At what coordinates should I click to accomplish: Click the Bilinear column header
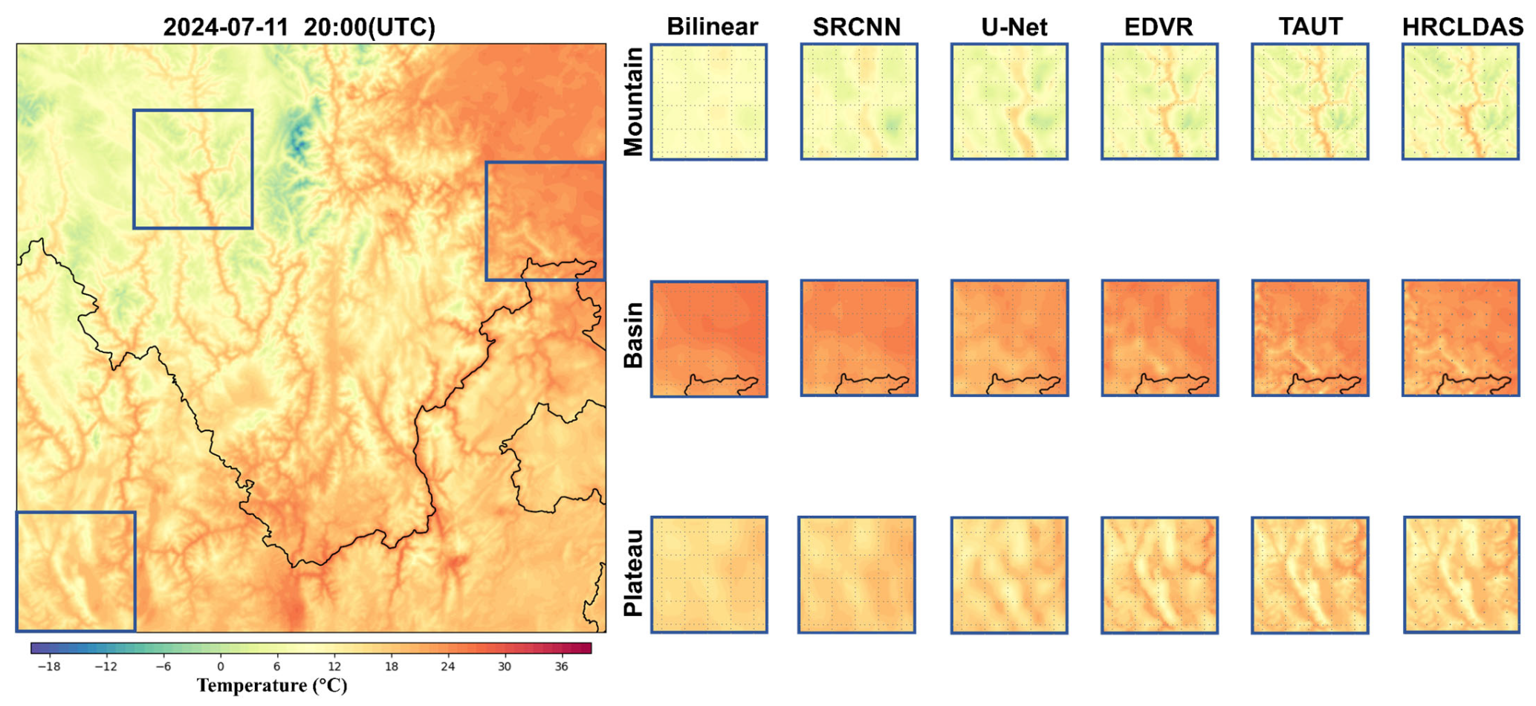[712, 27]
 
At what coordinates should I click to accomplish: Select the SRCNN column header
[856, 27]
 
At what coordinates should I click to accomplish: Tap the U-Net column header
[1014, 27]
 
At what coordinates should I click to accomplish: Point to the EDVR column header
[1158, 27]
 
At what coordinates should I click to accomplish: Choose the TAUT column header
[1310, 26]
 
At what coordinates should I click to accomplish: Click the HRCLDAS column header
[1462, 27]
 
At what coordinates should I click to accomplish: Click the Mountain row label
[633, 102]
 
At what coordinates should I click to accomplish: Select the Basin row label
[633, 335]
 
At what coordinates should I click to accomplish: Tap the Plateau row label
[633, 573]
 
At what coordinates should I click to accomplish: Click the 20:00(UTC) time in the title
[369, 27]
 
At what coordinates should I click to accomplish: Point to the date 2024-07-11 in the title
[225, 27]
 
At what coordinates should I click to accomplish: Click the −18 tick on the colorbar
[49, 667]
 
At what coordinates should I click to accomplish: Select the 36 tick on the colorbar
[561, 667]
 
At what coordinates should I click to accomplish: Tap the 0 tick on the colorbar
[220, 667]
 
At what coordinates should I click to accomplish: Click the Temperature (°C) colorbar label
[272, 685]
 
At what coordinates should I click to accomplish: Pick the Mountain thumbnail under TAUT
[1309, 102]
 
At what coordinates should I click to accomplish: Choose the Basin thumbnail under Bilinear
[709, 339]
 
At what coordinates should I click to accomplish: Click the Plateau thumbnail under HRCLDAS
[1461, 574]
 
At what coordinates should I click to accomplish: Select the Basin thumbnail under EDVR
[1159, 338]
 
